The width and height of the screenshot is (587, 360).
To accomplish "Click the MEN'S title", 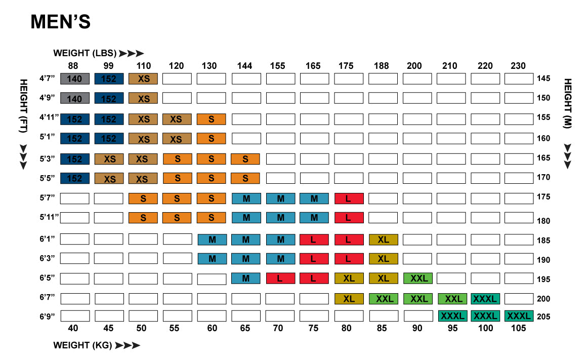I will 60,22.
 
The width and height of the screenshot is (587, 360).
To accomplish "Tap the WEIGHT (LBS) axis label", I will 85,53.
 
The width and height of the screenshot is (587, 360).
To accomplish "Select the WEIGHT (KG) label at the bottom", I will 83,345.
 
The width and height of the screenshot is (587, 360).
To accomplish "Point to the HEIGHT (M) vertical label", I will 567,104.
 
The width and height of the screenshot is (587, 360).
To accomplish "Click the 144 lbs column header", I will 245,66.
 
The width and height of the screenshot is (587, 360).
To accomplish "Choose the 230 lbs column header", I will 518,66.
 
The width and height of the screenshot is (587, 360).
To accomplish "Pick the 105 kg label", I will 518,328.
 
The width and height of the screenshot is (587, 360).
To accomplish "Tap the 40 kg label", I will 73,328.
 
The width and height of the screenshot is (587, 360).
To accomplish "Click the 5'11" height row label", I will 49,217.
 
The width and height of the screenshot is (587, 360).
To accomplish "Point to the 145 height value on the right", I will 543,78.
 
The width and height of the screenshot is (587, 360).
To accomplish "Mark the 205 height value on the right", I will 543,316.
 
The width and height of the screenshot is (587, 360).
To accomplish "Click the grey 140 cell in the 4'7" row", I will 75,78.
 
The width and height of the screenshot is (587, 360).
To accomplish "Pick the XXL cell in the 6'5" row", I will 418,278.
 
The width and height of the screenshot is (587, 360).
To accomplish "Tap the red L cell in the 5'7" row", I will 349,198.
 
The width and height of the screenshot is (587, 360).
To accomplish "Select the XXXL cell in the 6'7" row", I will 485,298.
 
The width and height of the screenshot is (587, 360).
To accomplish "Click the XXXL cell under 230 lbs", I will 519,316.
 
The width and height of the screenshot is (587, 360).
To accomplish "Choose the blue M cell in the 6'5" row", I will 246,278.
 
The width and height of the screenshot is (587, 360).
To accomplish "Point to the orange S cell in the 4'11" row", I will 211,119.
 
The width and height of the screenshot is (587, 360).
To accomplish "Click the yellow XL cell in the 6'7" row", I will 349,298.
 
